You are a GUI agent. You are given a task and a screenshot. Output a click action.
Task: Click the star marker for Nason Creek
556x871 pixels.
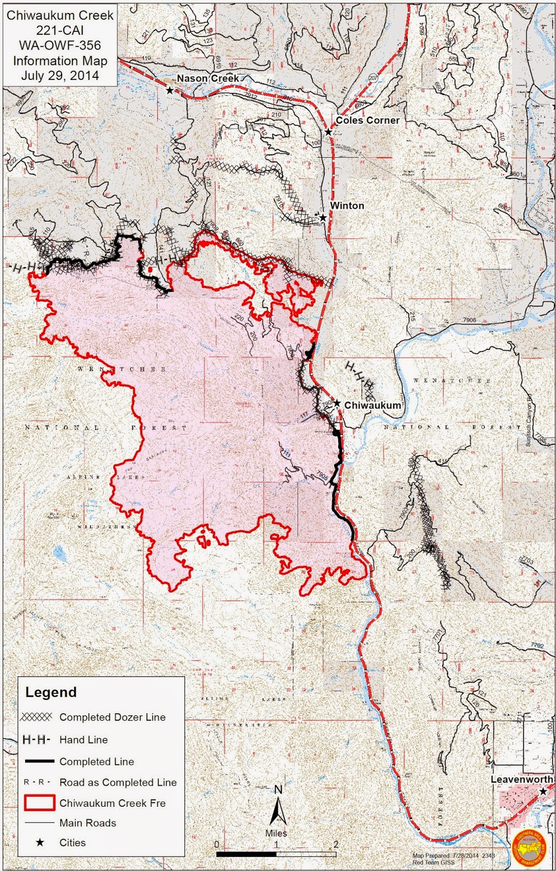(x=170, y=90)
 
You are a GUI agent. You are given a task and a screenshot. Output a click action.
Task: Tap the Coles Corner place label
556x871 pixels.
(x=367, y=120)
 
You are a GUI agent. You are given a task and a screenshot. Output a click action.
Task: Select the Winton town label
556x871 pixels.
(x=347, y=205)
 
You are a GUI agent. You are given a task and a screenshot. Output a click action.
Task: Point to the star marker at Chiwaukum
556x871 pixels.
(x=337, y=403)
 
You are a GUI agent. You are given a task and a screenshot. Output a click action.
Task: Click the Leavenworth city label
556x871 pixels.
(x=521, y=779)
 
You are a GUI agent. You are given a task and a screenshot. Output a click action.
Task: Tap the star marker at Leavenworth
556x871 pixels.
(x=542, y=791)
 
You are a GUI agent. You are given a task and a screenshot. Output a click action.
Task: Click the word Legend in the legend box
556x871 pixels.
(x=51, y=692)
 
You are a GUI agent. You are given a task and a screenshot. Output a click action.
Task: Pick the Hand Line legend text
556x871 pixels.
(x=83, y=739)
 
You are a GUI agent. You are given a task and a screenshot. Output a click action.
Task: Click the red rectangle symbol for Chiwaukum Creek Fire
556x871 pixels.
(x=39, y=802)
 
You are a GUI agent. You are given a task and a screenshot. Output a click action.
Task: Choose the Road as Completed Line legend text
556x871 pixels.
(x=118, y=782)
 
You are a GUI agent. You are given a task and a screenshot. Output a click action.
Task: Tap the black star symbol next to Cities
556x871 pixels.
(x=40, y=842)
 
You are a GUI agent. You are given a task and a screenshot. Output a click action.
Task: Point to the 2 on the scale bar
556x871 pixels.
(x=335, y=844)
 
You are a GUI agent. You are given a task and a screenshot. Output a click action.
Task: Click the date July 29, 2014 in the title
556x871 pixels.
(x=60, y=75)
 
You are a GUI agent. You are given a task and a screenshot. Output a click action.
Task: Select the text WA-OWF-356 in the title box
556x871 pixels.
(x=60, y=46)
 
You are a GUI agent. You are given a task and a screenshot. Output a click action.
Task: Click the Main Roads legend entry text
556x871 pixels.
(x=88, y=823)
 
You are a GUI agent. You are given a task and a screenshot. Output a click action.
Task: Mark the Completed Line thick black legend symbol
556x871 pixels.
(x=39, y=761)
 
